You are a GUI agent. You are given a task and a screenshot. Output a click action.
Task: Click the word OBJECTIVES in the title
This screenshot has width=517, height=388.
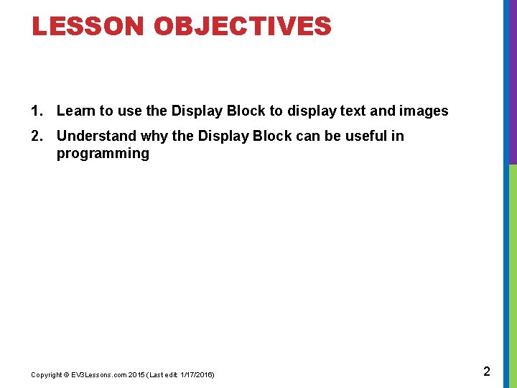[x=243, y=27]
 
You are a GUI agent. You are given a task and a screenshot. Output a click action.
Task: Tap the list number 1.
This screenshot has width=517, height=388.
[x=36, y=111]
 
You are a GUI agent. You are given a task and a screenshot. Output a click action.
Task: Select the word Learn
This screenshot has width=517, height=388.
[x=76, y=111]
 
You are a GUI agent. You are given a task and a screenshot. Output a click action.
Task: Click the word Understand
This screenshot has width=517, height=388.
[x=97, y=136]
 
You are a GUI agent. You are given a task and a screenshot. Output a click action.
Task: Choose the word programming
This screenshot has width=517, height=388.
[x=103, y=153]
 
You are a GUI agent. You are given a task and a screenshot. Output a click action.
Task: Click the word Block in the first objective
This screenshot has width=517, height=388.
[x=247, y=111]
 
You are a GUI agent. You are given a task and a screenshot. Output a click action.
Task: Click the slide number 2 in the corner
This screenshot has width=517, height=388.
[x=487, y=371]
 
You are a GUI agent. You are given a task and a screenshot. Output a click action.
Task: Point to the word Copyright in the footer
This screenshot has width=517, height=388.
[x=46, y=375]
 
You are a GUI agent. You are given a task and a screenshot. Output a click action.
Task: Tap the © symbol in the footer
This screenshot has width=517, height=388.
[x=66, y=375]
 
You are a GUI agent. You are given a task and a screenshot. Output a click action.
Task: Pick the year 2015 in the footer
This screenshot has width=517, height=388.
[x=136, y=375]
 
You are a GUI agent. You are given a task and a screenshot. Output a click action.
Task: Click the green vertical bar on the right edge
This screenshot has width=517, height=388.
[x=513, y=273]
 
